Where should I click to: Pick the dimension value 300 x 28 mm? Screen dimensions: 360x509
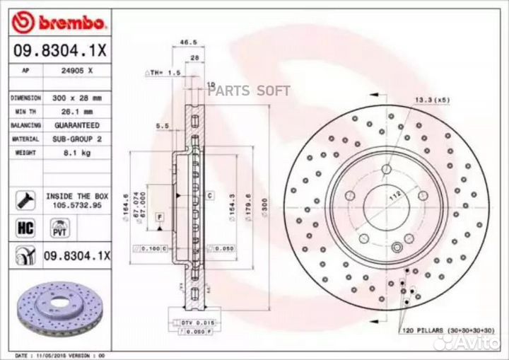tap(78, 98)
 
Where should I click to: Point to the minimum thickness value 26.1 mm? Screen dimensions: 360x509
tap(78, 112)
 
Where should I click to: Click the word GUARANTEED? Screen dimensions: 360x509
tap(78, 125)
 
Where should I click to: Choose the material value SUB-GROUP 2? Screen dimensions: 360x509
tap(78, 139)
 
